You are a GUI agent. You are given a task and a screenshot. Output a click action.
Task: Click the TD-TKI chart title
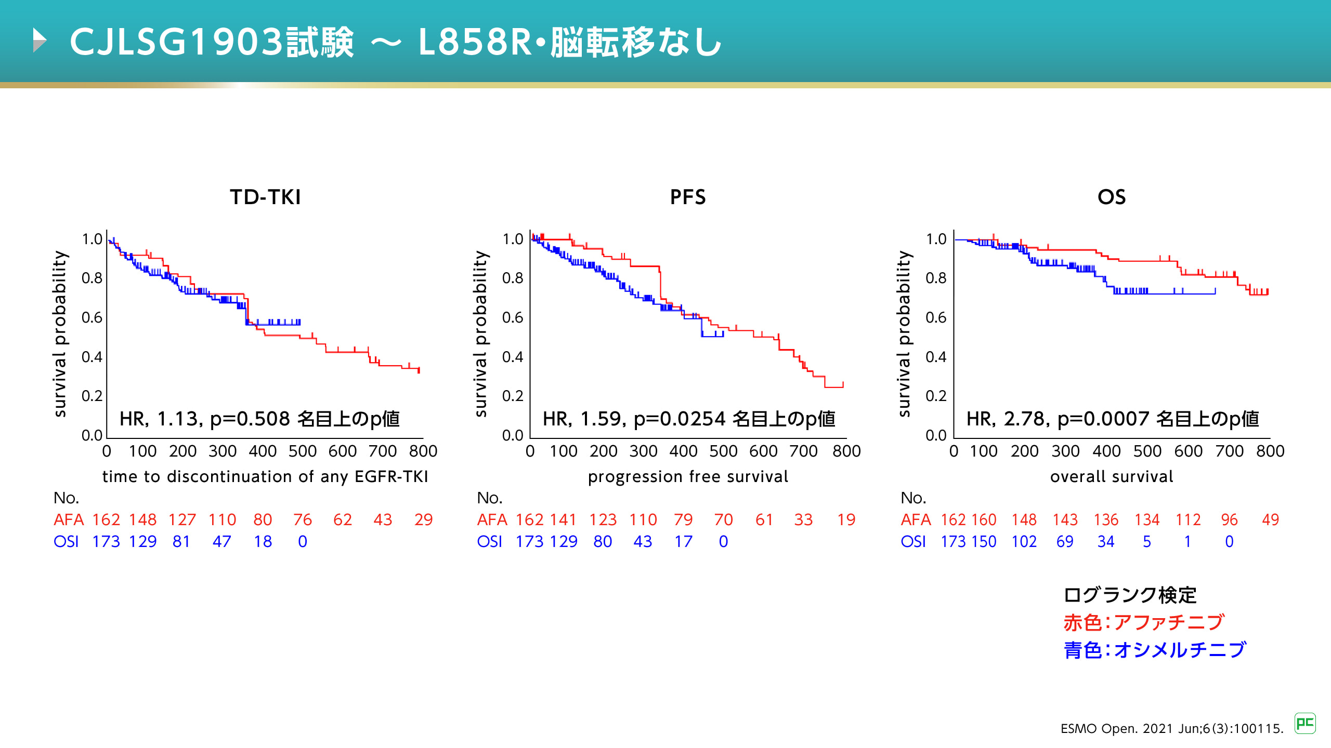click(265, 197)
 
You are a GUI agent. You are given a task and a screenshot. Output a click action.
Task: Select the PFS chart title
click(687, 197)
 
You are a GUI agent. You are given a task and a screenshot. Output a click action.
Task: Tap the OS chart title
click(1112, 197)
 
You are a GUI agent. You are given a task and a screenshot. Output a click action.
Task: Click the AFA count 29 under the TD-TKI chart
click(423, 519)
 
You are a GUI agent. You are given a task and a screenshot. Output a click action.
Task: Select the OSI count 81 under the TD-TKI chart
click(181, 541)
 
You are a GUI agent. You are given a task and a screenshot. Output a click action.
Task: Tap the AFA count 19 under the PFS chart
click(846, 519)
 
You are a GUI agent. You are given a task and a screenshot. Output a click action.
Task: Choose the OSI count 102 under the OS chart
click(1024, 541)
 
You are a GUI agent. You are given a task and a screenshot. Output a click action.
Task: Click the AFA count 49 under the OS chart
click(1270, 519)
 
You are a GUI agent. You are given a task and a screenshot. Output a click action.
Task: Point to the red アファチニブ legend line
click(1144, 622)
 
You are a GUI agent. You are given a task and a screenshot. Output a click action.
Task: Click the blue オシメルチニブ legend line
click(1154, 649)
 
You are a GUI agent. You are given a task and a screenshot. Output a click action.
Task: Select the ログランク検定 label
click(1130, 595)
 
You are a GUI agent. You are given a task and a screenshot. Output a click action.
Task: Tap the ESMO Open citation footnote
click(1172, 729)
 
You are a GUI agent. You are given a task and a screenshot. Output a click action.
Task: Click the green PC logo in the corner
click(1305, 723)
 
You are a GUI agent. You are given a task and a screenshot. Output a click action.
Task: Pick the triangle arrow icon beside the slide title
click(40, 41)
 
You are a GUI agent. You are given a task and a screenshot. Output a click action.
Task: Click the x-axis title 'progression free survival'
click(688, 476)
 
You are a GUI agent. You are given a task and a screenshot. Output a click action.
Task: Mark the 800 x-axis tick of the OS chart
click(1270, 451)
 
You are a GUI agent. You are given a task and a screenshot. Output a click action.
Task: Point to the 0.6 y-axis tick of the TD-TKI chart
click(92, 317)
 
